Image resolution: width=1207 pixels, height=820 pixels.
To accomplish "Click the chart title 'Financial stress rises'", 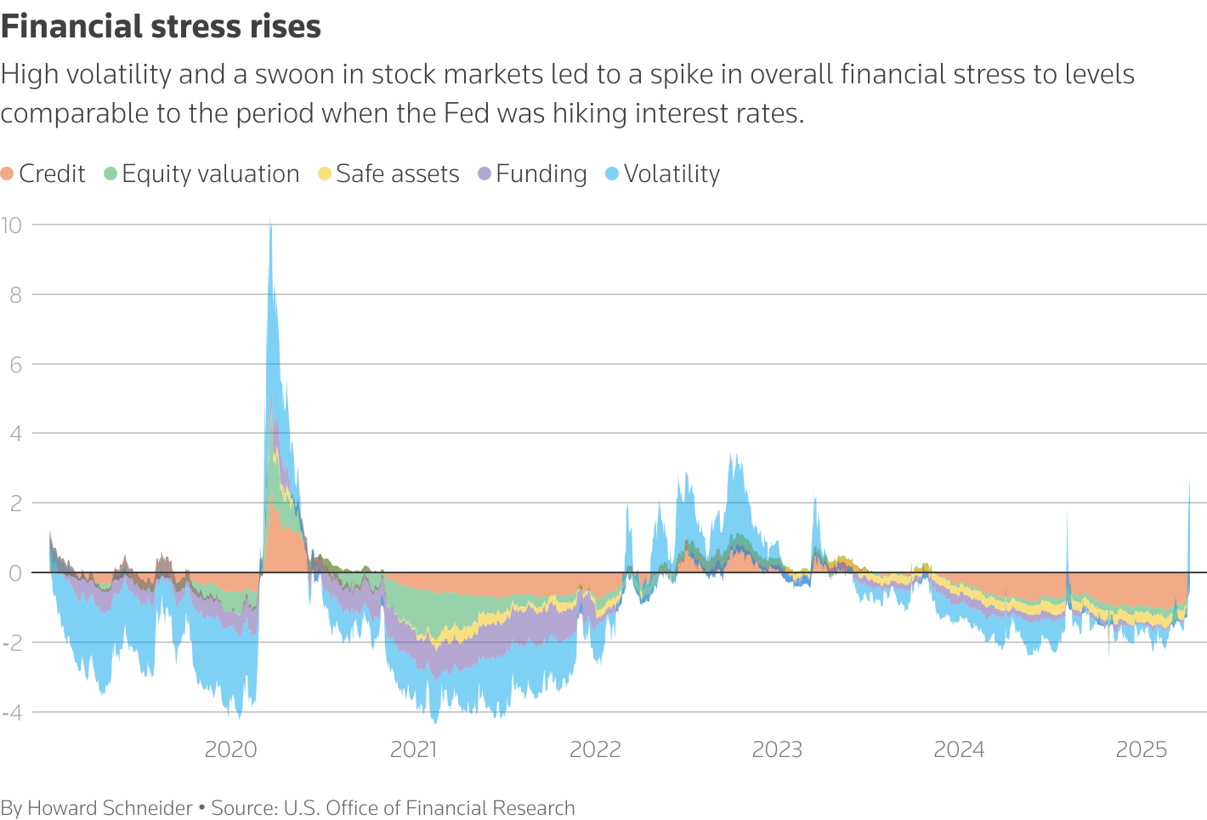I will pyautogui.click(x=161, y=27).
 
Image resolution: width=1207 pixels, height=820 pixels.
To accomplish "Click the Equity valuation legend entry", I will pyautogui.click(x=201, y=174).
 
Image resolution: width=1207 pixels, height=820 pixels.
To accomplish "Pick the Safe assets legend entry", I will pyautogui.click(x=388, y=174).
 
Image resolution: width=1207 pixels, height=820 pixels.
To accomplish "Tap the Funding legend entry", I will pyautogui.click(x=533, y=174).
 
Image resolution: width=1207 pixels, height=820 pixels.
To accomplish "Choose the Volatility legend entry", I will pyautogui.click(x=663, y=174).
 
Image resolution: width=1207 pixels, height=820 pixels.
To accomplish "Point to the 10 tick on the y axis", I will pyautogui.click(x=12, y=225).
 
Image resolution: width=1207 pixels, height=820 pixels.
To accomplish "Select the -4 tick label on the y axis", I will pyautogui.click(x=12, y=713).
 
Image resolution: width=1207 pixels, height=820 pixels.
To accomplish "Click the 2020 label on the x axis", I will pyautogui.click(x=231, y=749).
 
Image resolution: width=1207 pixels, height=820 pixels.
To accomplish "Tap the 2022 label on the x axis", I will pyautogui.click(x=595, y=749).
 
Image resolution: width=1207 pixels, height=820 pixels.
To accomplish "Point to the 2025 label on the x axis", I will pyautogui.click(x=1142, y=749).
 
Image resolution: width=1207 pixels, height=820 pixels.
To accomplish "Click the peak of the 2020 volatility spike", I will pyautogui.click(x=270, y=223).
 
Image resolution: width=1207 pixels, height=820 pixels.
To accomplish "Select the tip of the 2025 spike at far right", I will pyautogui.click(x=1188, y=481).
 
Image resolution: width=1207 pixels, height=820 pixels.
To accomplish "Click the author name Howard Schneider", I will pyautogui.click(x=110, y=808).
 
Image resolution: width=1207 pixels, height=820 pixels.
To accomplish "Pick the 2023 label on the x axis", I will pyautogui.click(x=778, y=749).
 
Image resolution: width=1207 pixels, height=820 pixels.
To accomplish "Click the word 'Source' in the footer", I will pyautogui.click(x=242, y=808).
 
